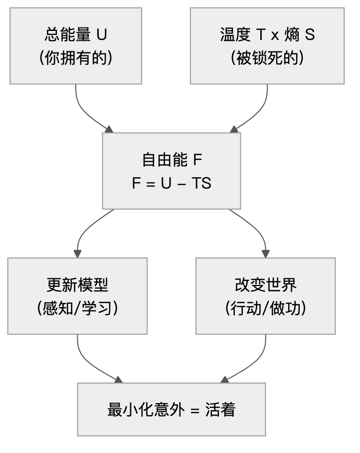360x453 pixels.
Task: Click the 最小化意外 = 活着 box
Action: click(172, 410)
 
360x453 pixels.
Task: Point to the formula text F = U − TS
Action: click(172, 183)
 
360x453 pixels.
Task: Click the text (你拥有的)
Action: click(75, 58)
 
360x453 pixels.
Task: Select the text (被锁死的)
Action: click(267, 58)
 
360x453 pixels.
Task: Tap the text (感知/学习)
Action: click(77, 309)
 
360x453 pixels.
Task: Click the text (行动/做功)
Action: click(265, 309)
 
